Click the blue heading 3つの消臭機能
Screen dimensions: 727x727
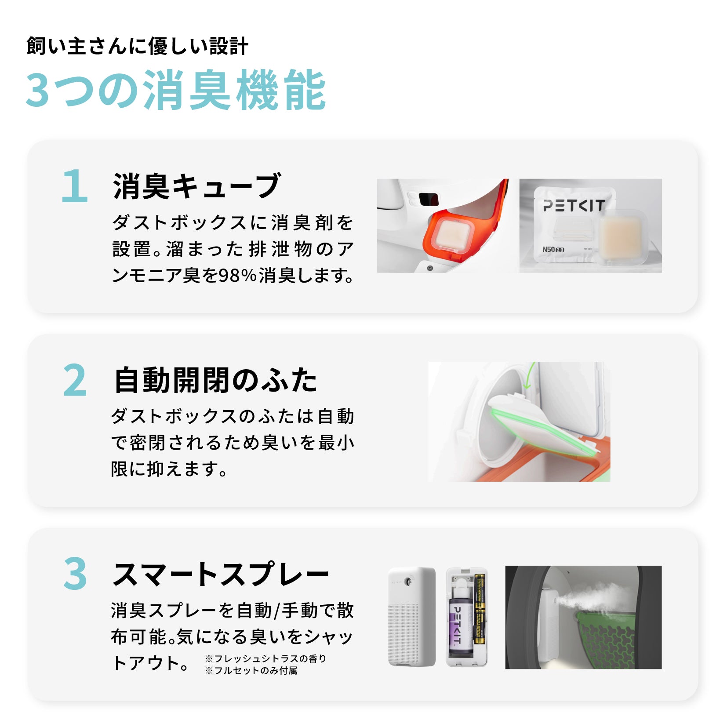(x=176, y=90)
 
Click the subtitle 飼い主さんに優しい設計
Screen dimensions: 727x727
(x=138, y=46)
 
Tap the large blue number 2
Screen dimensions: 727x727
(x=75, y=380)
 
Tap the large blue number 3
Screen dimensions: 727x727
(x=75, y=573)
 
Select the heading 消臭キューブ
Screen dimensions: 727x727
(x=196, y=186)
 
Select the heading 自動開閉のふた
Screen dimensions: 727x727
(x=215, y=380)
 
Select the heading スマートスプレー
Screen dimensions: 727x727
(x=221, y=574)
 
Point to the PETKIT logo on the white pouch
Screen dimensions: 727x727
(x=574, y=205)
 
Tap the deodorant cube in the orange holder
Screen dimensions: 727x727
(x=455, y=233)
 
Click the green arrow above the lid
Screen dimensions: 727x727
(x=529, y=376)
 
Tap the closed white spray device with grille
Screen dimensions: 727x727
(x=411, y=616)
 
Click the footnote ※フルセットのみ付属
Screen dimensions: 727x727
(x=251, y=670)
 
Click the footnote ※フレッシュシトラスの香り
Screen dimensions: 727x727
(x=266, y=658)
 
